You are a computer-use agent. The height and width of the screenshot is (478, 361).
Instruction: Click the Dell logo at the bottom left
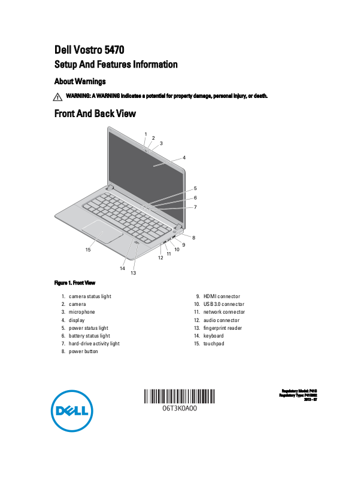(70, 411)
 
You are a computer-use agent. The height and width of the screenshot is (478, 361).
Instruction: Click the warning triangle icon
(57, 96)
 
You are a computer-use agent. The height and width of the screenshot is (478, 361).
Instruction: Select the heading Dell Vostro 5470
(90, 50)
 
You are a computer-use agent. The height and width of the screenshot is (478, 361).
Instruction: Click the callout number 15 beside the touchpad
(88, 250)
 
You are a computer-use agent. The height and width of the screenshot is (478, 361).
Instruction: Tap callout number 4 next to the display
(184, 158)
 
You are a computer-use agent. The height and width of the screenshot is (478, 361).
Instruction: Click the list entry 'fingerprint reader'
(222, 328)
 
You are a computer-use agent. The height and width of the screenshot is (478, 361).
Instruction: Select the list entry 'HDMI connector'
(222, 296)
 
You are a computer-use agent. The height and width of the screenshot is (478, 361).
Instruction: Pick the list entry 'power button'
(83, 351)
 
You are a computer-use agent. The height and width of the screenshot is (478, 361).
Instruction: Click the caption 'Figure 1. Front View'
(75, 283)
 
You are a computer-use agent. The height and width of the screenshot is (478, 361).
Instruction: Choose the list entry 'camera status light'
(90, 296)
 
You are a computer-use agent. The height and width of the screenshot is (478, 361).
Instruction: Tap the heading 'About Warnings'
(80, 81)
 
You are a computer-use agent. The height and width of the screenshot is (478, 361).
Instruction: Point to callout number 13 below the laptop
(133, 273)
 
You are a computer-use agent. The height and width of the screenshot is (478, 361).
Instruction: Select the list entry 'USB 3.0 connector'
(223, 304)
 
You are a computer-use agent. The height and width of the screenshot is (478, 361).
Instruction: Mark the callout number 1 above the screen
(145, 133)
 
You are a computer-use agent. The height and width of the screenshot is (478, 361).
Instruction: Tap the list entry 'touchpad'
(214, 344)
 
